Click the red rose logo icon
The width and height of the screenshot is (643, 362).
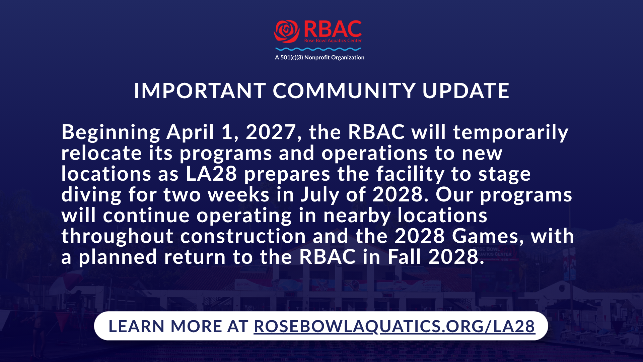[x=287, y=32]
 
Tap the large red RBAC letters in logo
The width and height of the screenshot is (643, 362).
[x=333, y=29]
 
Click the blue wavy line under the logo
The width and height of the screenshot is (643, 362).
[x=318, y=49]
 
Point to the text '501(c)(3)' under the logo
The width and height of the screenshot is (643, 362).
[x=292, y=57]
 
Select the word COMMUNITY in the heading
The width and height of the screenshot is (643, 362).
[x=344, y=90]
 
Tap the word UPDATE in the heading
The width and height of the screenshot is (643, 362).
[x=466, y=90]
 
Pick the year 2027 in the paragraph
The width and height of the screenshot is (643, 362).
[x=271, y=132]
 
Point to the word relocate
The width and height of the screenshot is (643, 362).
[x=101, y=153]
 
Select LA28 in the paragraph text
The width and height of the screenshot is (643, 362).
[x=212, y=174]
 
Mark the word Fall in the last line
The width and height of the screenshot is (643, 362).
[x=404, y=257]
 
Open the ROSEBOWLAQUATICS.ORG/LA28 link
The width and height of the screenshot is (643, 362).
[x=394, y=326]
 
